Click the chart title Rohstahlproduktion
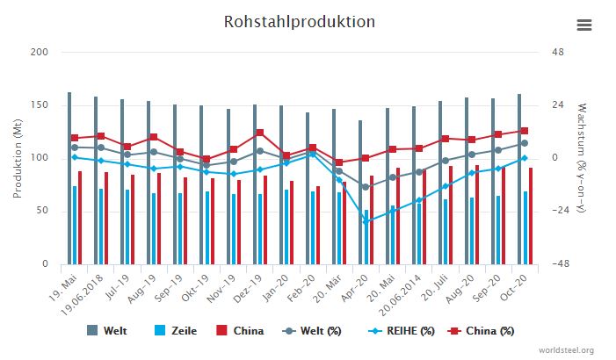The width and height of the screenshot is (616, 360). click(299, 22)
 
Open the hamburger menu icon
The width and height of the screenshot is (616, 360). click(584, 25)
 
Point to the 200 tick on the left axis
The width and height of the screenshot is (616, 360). click(39, 53)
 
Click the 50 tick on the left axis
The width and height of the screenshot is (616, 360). click(42, 212)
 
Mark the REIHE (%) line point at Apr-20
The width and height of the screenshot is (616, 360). click(366, 221)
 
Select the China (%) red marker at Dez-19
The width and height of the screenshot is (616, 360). click(259, 133)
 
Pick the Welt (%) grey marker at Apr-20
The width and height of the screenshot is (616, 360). click(366, 187)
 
